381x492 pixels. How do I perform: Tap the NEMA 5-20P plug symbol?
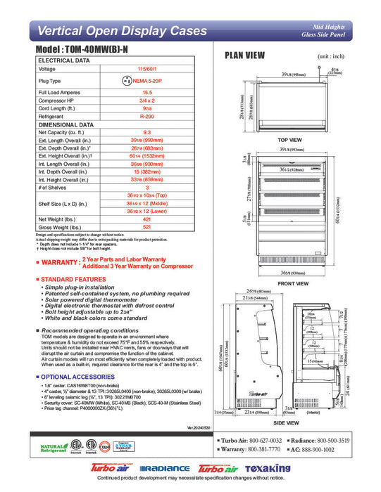coord(127,82)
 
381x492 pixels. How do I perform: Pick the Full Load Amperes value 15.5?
coord(147,92)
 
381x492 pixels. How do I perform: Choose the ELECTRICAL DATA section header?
coord(64,61)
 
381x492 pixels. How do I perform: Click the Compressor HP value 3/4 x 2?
coord(147,100)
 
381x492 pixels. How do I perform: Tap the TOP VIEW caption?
coord(289,141)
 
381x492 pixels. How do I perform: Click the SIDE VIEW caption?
coord(290,425)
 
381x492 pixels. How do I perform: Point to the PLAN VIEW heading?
coord(244,56)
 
